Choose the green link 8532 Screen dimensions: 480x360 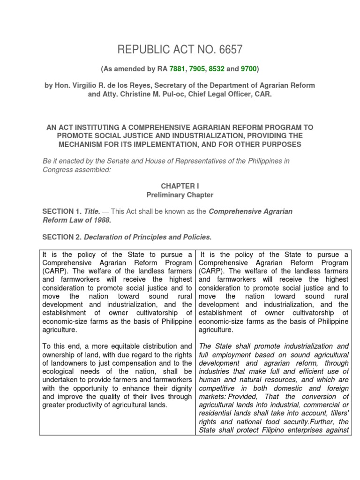tap(217, 69)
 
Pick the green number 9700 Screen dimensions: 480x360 tap(248, 69)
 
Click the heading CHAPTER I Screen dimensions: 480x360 tap(180, 186)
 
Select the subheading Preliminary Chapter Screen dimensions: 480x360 tap(180, 195)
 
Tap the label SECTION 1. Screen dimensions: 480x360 tap(61, 211)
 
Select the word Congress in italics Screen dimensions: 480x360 tap(57, 170)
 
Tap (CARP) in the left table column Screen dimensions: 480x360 tap(53, 271)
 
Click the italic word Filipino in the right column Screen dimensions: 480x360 tap(272, 430)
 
